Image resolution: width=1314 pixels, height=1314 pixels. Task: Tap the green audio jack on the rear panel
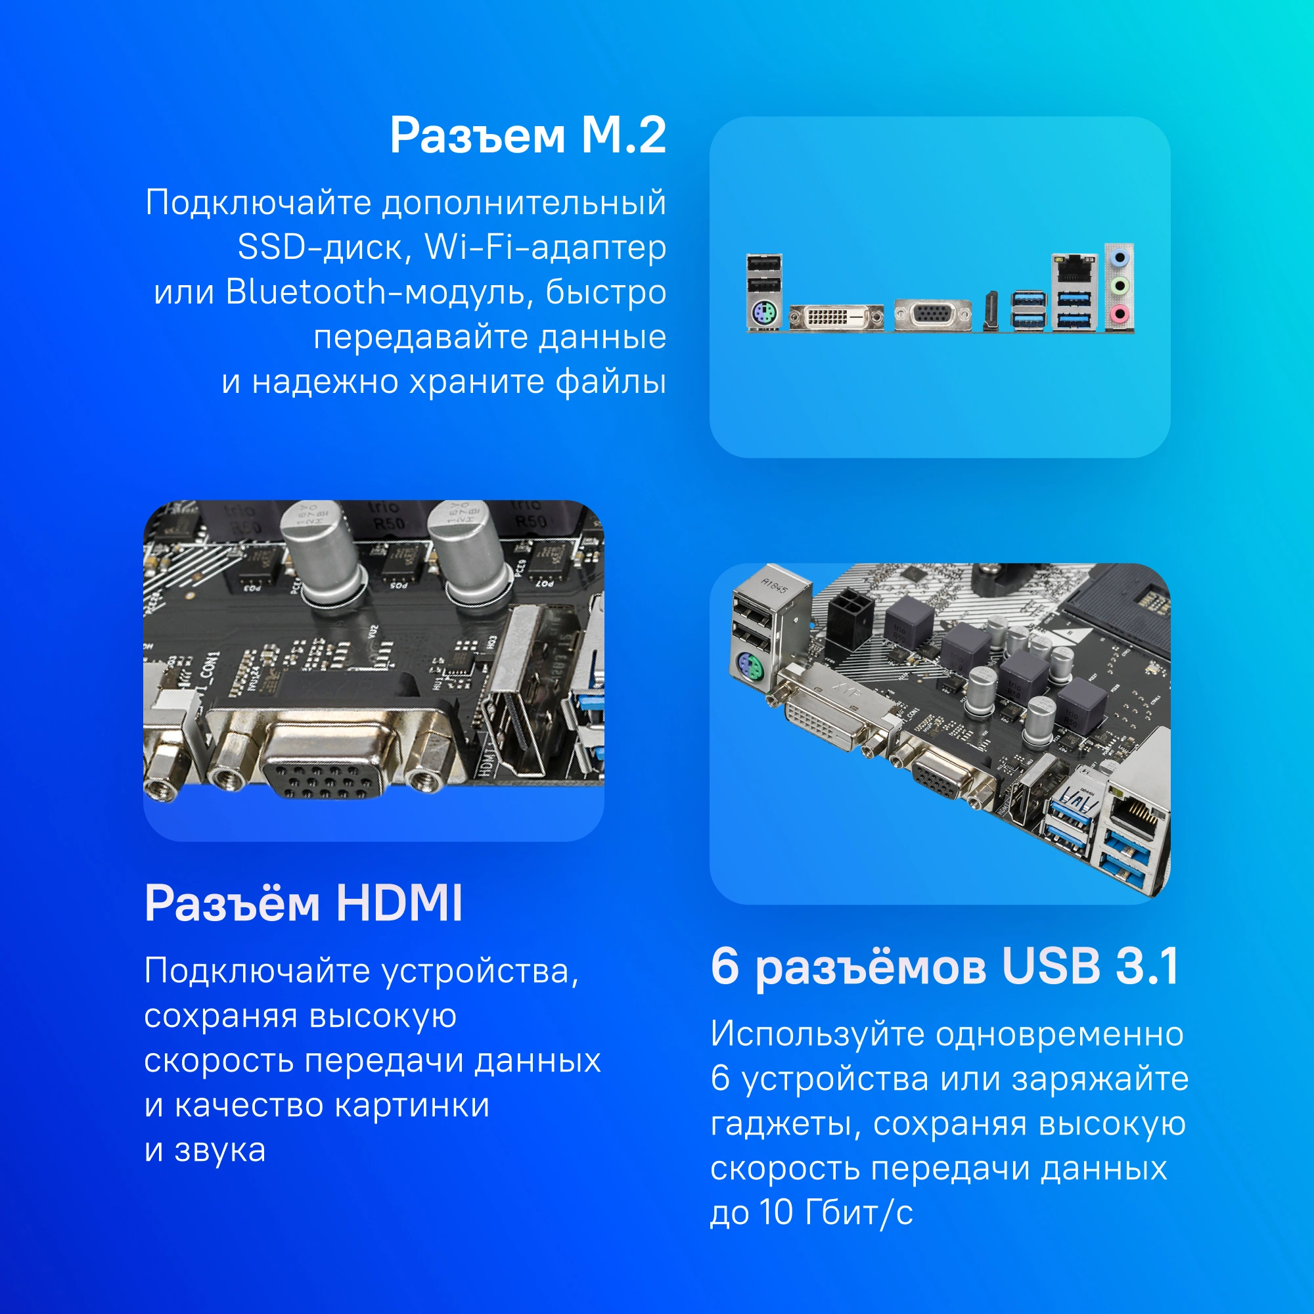point(1120,286)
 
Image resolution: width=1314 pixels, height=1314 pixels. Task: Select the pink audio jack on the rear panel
point(1120,313)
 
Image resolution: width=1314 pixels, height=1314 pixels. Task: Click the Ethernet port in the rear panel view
point(1075,269)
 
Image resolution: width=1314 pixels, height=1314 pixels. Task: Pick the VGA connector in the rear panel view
point(932,315)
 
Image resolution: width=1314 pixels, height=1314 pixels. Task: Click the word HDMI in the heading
point(399,903)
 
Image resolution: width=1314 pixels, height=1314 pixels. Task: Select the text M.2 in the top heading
point(623,135)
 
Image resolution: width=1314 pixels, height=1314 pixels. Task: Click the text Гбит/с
point(858,1212)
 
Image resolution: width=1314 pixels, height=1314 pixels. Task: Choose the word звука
point(219,1150)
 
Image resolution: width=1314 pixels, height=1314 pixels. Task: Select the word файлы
point(611,382)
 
